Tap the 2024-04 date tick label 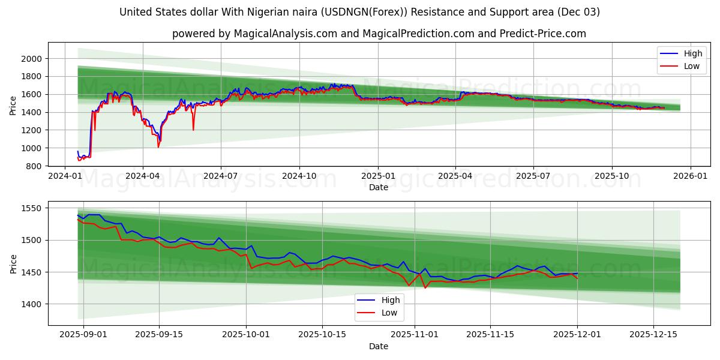tap(142, 176)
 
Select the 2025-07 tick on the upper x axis tap(533, 176)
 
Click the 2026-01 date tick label tap(690, 176)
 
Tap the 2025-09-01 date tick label tap(83, 335)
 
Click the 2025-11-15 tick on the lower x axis tap(490, 335)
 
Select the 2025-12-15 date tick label tap(654, 335)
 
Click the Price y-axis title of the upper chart tap(13, 104)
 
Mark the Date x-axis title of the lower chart tap(378, 346)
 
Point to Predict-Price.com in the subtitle tap(541, 34)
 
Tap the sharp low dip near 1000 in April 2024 tap(158, 147)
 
